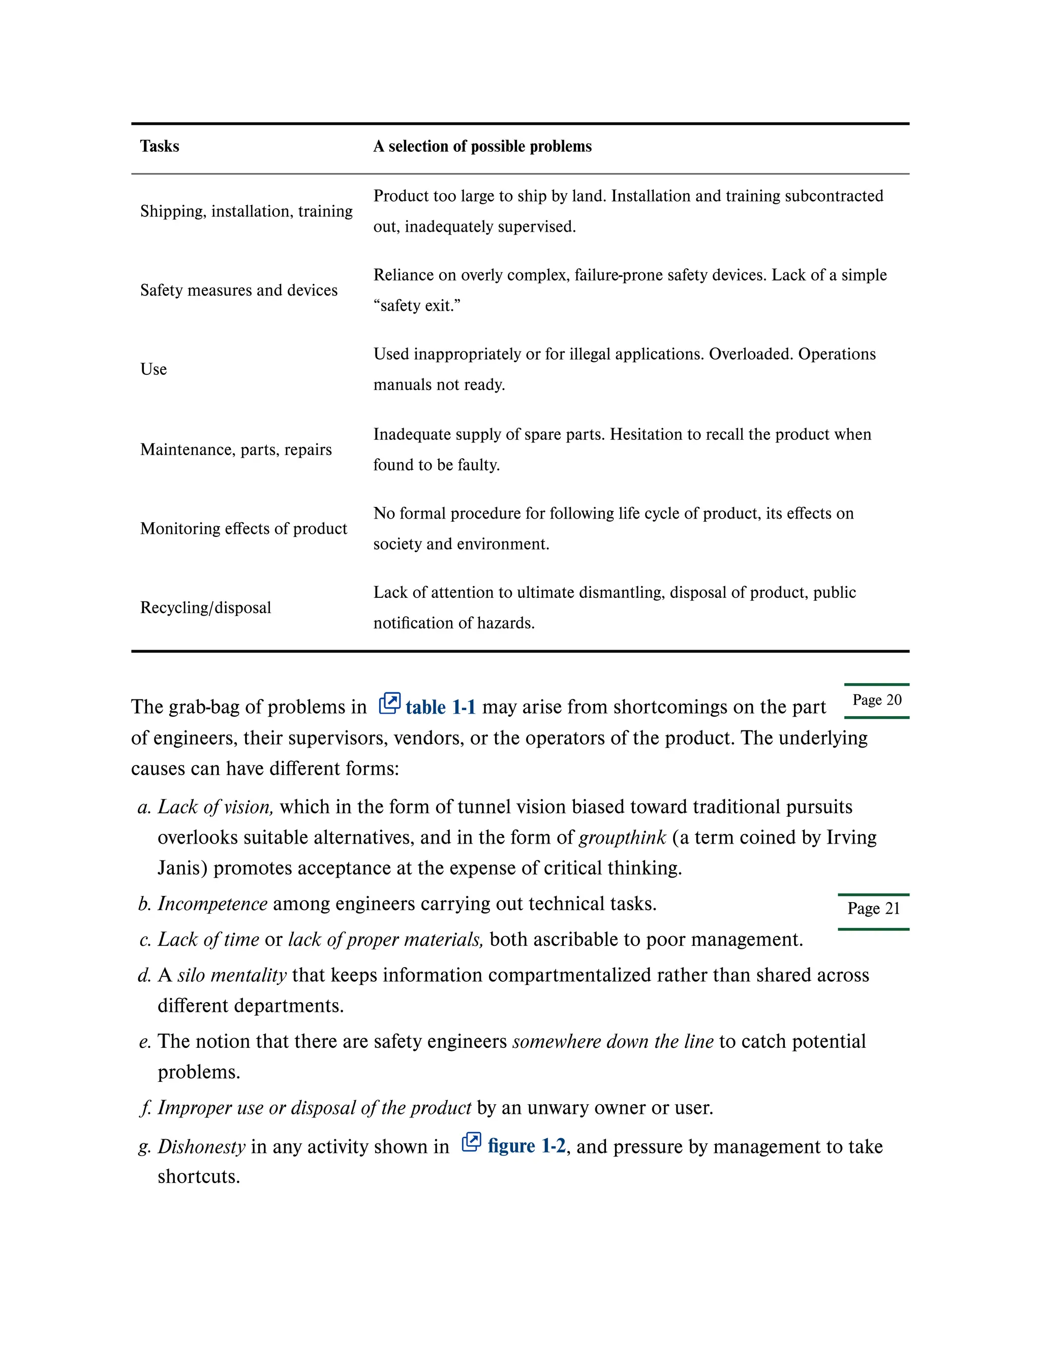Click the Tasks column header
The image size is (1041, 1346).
(159, 146)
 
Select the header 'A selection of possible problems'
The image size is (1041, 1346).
(482, 146)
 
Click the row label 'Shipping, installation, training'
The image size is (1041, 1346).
(246, 211)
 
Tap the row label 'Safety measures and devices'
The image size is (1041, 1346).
(239, 290)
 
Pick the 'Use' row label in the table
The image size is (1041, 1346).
(154, 369)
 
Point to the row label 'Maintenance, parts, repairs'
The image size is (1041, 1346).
(235, 450)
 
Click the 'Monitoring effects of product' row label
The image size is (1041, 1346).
(243, 529)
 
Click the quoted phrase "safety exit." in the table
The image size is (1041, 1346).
(417, 306)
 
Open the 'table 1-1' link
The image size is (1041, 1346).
(440, 707)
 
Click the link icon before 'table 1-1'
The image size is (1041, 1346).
(389, 703)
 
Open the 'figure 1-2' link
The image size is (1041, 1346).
(527, 1146)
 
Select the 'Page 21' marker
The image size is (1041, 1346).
(873, 909)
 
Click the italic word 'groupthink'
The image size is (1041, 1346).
(622, 838)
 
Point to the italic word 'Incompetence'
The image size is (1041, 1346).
(212, 904)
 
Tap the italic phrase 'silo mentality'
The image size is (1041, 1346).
(232, 975)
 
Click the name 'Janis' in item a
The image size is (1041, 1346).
(182, 869)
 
